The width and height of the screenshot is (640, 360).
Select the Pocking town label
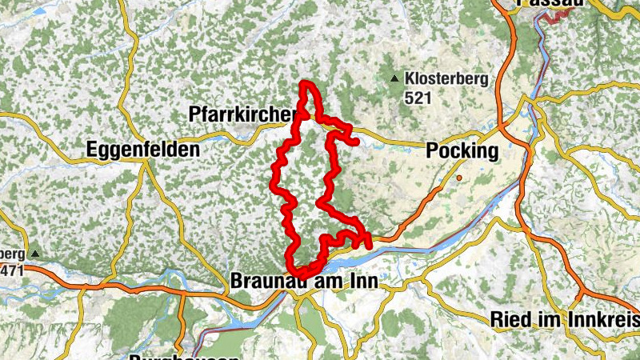tap(462, 151)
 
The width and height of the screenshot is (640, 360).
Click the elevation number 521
tap(418, 98)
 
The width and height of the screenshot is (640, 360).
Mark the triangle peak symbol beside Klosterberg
tap(394, 78)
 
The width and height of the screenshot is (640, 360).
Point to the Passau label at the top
tap(546, 3)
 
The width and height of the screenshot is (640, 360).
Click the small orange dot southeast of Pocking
tap(460, 177)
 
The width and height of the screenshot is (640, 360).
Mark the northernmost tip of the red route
tap(305, 83)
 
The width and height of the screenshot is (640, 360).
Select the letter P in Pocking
tap(433, 151)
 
